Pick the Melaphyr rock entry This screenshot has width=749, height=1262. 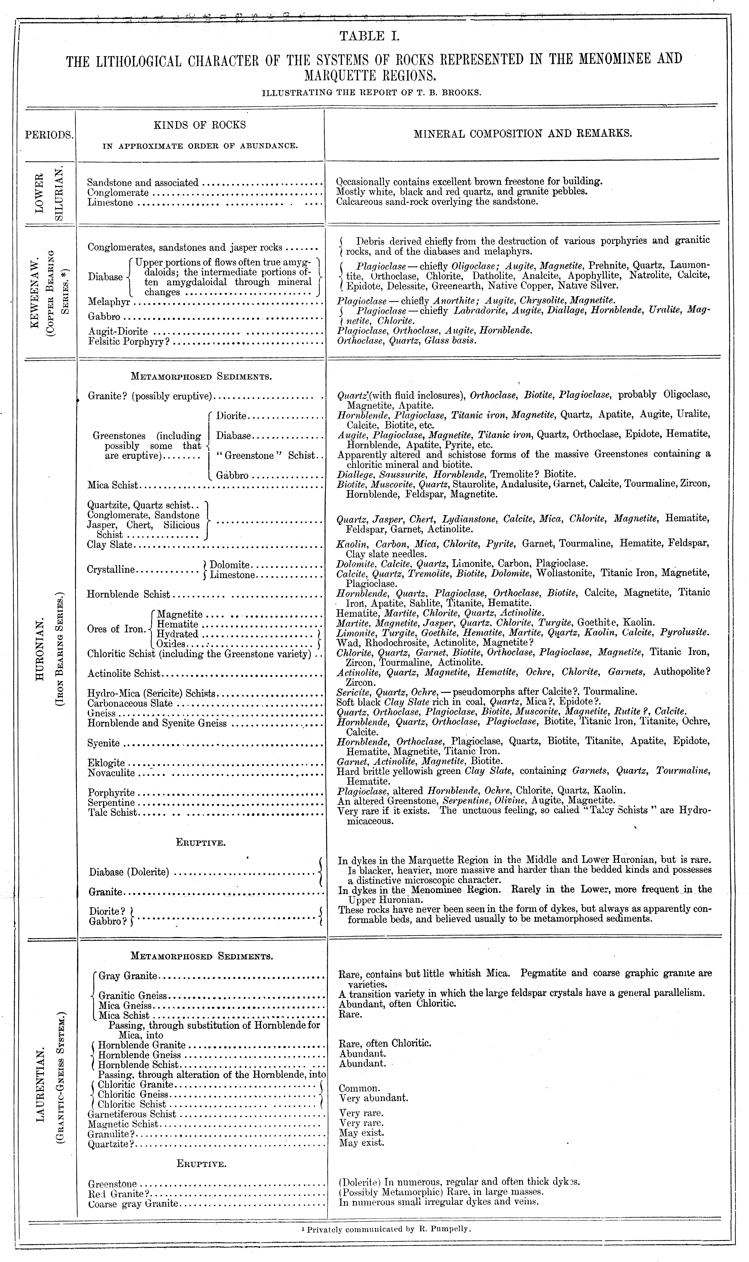pos(109,301)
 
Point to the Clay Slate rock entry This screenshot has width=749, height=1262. pos(110,545)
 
